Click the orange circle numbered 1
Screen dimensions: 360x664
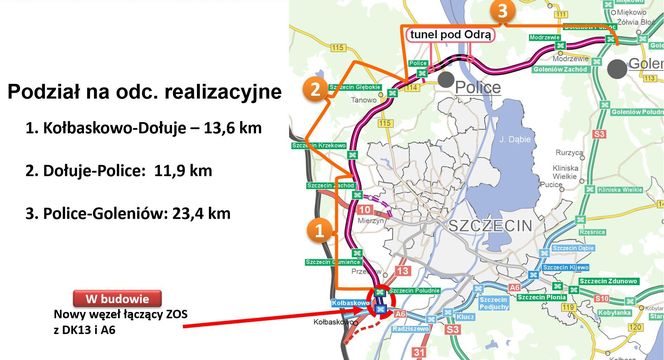point(317,230)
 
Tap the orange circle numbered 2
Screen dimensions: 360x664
point(315,91)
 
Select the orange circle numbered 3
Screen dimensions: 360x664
point(504,10)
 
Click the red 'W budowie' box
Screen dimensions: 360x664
point(118,298)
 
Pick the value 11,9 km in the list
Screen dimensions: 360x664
point(184,170)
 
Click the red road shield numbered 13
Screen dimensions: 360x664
point(403,271)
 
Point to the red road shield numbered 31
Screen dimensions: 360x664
point(419,351)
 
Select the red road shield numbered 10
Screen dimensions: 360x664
point(365,209)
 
